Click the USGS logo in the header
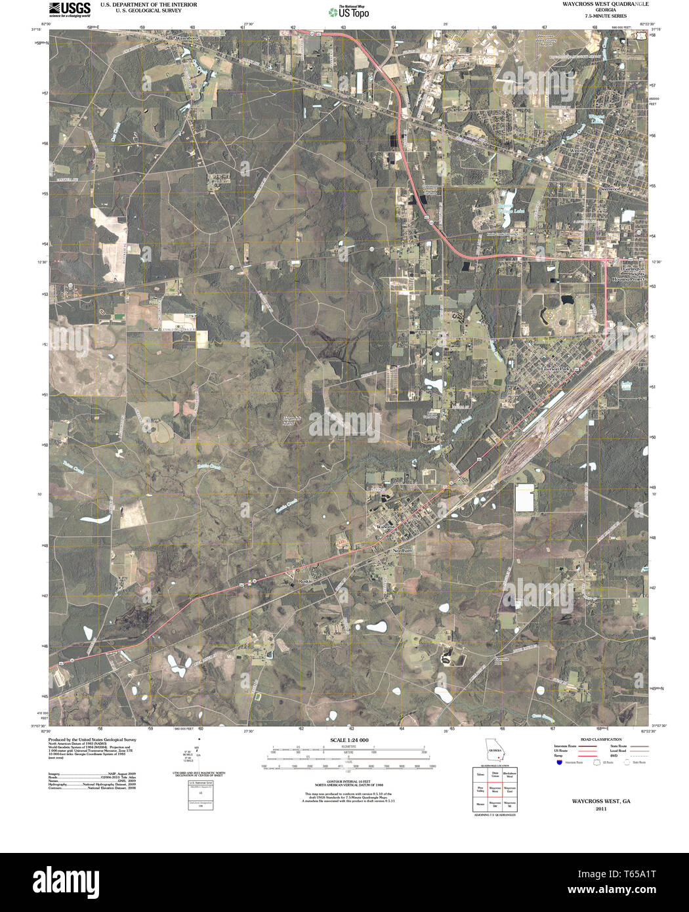[70, 9]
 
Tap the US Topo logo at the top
[349, 12]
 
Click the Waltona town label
[386, 528]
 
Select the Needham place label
[402, 551]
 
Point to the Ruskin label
[305, 581]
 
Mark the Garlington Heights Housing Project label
[629, 274]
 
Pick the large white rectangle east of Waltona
[525, 498]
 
